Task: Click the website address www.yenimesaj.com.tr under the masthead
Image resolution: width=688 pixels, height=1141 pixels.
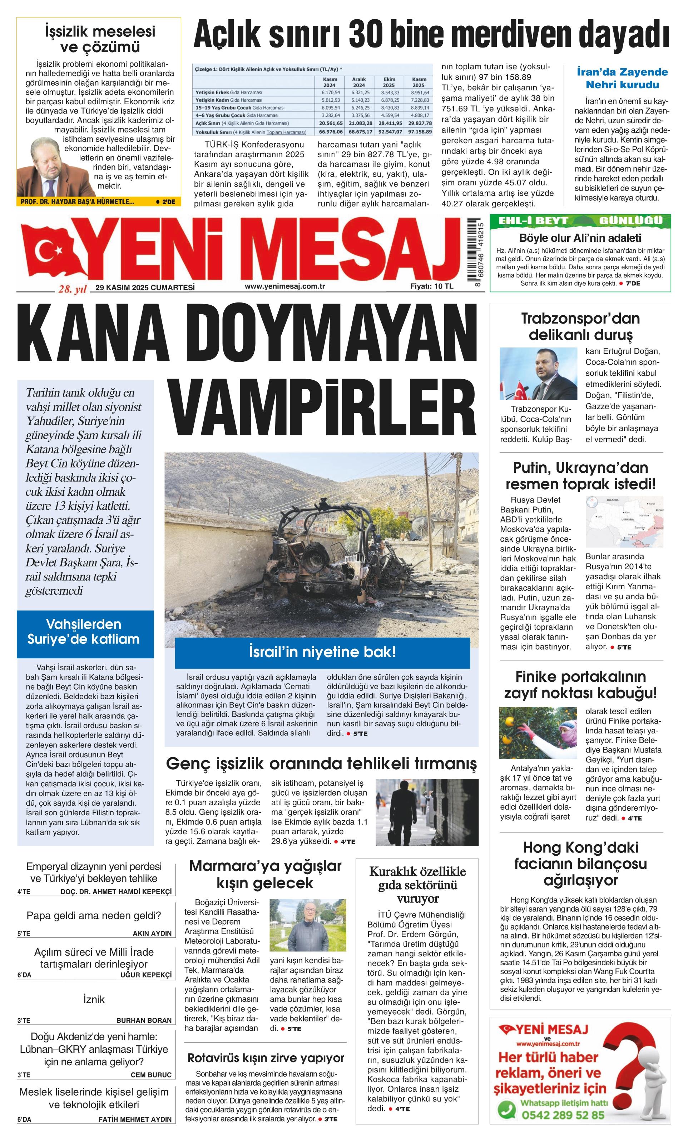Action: [284, 286]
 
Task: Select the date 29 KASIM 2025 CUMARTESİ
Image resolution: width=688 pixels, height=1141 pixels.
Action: [145, 287]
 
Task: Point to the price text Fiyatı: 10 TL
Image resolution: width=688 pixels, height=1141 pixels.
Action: [431, 286]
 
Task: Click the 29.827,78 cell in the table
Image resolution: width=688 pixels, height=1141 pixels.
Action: [419, 123]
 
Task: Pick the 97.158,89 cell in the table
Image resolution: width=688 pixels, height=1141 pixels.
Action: [419, 131]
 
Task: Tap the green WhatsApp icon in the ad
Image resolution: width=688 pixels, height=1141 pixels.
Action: [506, 1120]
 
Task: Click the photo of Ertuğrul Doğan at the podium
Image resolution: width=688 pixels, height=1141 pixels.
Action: [538, 374]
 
